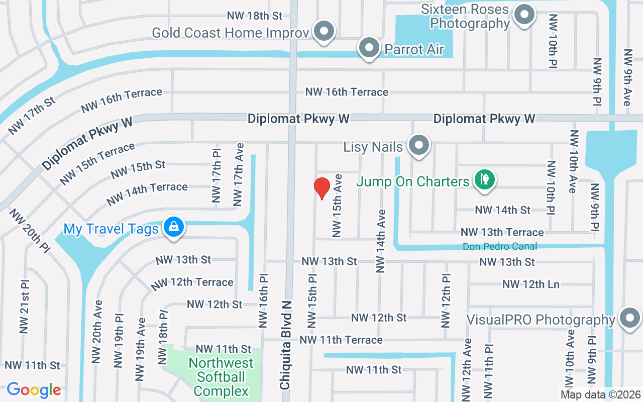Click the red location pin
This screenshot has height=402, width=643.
321,188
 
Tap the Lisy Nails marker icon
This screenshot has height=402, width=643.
418,146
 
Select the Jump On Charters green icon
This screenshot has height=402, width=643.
484,180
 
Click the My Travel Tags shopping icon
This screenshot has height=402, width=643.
173,227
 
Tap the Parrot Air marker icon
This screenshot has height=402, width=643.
370,48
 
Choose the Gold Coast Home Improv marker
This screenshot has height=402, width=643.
325,31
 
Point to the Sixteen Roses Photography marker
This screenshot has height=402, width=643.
524,15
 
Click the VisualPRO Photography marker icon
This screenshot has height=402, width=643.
629,318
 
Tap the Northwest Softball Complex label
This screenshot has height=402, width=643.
221,377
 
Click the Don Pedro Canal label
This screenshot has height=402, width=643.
500,246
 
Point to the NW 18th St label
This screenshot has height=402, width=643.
254,16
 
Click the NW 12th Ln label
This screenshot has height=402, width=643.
530,284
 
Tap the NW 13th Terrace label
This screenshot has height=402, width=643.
502,232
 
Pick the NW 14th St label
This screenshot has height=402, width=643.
502,210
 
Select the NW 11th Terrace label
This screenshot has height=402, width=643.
341,340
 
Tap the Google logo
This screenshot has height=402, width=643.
34,389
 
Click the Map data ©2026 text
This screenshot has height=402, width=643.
601,394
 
